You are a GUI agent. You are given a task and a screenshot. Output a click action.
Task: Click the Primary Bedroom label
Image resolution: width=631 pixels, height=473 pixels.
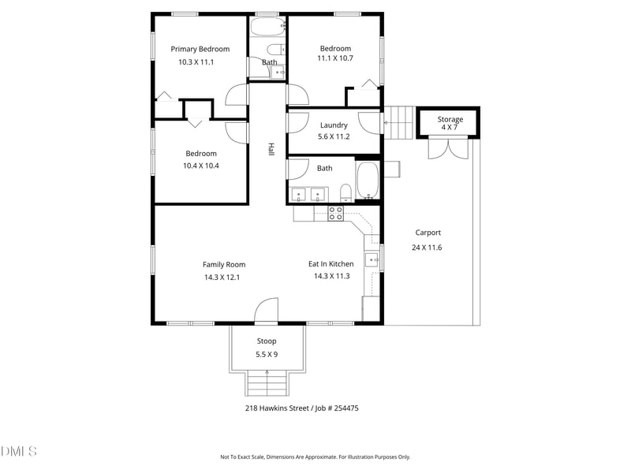[x=200, y=49]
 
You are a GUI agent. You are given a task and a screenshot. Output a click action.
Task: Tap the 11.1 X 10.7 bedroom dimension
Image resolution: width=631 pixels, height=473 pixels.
[x=335, y=58]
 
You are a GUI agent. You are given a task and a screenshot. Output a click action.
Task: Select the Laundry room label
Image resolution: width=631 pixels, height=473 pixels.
[x=334, y=125]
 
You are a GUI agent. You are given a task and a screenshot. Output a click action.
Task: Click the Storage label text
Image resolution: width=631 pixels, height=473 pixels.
[x=450, y=119]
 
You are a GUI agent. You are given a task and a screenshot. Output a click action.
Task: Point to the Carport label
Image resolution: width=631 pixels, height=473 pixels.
[x=428, y=233]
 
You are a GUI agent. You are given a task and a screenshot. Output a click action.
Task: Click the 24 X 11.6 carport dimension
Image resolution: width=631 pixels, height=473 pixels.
[x=427, y=248]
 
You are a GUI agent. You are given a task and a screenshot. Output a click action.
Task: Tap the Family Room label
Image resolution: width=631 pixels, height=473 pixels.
[x=224, y=265]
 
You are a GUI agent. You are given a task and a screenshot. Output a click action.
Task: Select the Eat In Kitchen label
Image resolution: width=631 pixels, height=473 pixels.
[x=330, y=264]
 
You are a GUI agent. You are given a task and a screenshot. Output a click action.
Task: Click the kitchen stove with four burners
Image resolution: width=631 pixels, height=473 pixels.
[x=336, y=211]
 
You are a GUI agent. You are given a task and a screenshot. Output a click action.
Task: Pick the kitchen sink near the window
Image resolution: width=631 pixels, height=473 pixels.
[x=372, y=259]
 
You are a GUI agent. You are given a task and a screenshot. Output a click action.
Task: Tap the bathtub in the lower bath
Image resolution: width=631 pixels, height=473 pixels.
[x=368, y=181]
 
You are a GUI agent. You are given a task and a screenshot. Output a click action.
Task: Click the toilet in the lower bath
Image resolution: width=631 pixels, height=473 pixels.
[x=345, y=192]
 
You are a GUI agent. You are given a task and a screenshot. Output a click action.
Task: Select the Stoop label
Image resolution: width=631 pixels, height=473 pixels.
[x=267, y=341]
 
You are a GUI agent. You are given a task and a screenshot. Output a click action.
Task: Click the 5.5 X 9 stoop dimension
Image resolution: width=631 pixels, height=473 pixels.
[x=267, y=355]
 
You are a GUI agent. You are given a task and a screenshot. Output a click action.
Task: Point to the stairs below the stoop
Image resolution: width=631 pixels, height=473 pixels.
[x=267, y=385]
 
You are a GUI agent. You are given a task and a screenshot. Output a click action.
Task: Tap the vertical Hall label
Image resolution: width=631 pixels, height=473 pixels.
[x=271, y=149]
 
